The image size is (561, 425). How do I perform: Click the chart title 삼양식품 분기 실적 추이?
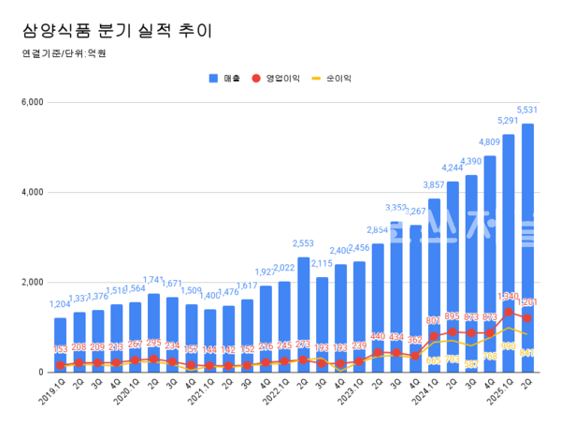click(x=117, y=30)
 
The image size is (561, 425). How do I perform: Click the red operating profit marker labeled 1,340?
click(x=509, y=312)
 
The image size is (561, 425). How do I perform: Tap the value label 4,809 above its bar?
click(x=490, y=142)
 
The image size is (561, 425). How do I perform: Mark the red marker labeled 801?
click(x=434, y=336)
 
